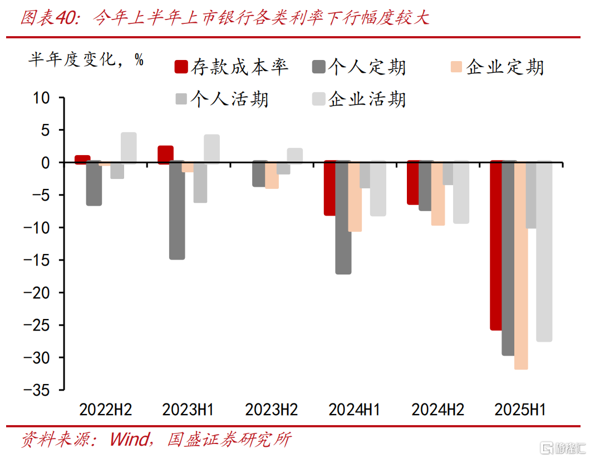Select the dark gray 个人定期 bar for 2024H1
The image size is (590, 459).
pos(343,217)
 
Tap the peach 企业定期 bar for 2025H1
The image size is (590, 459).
pos(521,266)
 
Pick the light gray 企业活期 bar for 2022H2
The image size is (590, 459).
pos(129,148)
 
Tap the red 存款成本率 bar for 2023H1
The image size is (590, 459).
pos(165,155)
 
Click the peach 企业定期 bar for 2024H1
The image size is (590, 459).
pos(355,196)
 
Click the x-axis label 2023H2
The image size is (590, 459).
pos(271,410)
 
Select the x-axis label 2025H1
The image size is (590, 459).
pos(520,410)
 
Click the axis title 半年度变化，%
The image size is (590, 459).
pos(86,59)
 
